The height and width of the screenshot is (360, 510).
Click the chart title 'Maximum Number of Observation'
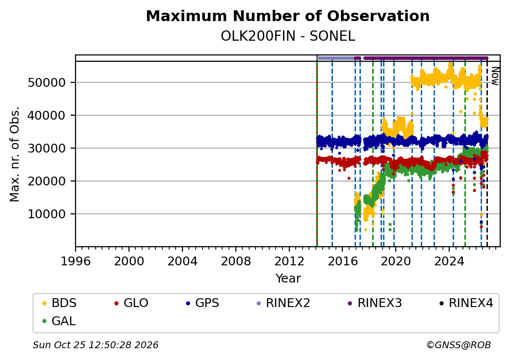point(287,16)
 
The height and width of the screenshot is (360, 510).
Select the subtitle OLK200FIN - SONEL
point(287,36)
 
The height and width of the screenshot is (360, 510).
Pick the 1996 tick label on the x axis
point(76,261)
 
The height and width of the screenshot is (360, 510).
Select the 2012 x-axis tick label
point(289,261)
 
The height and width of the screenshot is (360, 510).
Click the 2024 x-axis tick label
point(449,261)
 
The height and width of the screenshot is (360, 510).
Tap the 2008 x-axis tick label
point(235,261)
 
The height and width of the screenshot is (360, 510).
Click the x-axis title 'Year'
point(288,279)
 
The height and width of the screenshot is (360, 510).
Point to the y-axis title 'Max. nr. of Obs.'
point(15,154)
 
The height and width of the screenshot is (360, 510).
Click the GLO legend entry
point(131,303)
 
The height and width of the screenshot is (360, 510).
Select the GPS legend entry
point(203,303)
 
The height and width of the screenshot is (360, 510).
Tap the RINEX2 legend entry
point(283,303)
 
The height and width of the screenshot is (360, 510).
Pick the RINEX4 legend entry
point(466,303)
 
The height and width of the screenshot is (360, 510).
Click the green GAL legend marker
point(45,321)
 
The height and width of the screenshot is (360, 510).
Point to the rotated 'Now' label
point(495,76)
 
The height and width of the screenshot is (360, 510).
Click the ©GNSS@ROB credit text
point(459,345)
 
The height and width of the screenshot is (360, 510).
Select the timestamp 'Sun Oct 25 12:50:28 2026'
point(96,345)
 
